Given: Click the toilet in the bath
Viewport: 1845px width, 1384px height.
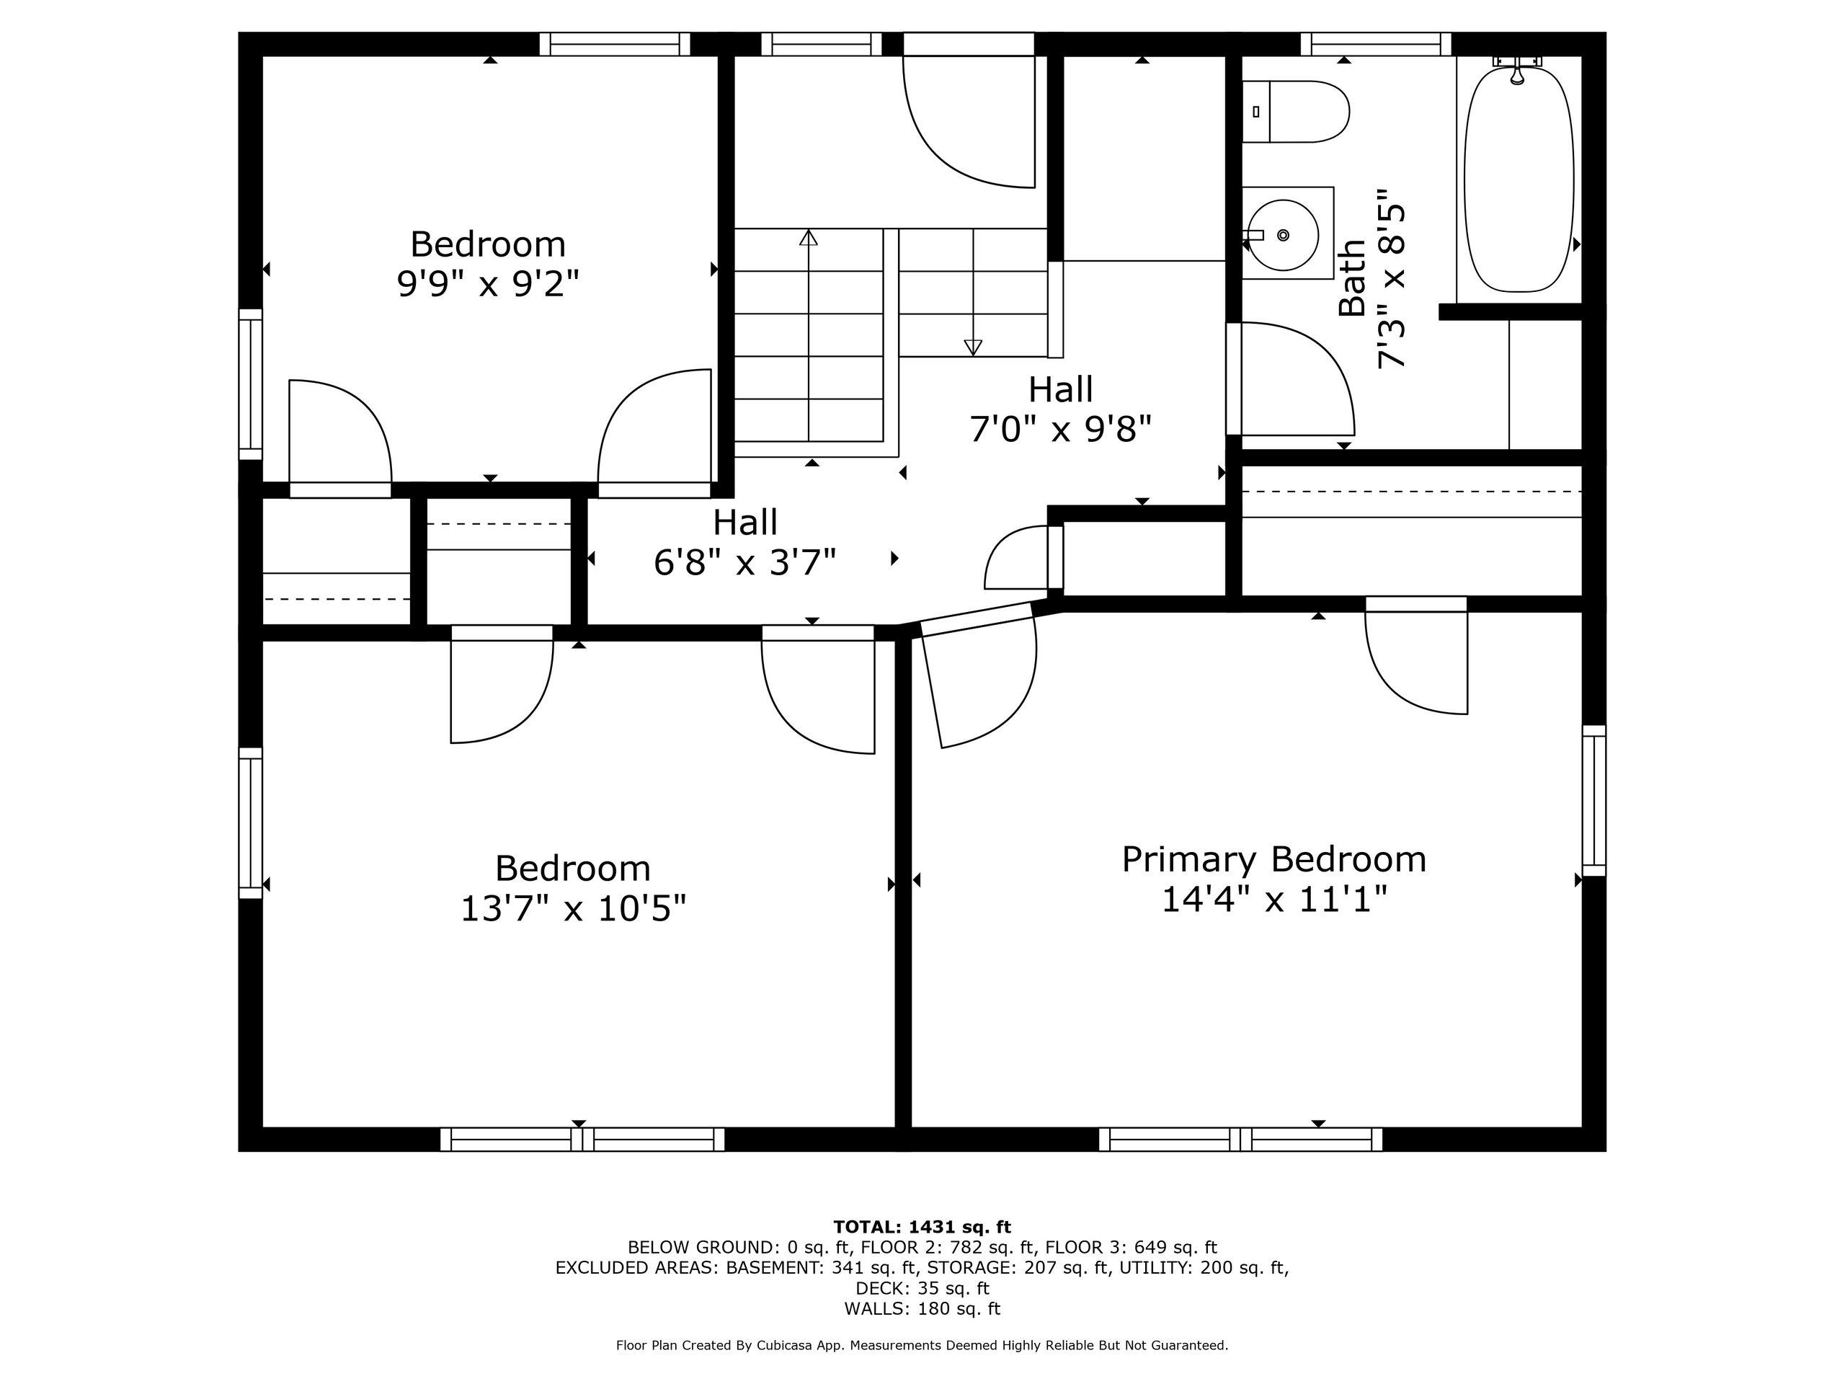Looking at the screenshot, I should [1298, 112].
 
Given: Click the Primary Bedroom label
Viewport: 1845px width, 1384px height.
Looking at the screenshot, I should [1273, 859].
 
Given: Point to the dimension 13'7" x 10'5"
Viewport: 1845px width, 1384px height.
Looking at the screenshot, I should [573, 908].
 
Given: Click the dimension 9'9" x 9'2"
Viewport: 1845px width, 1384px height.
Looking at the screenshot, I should [488, 285].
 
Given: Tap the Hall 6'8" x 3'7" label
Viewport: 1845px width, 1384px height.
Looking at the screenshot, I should [744, 542].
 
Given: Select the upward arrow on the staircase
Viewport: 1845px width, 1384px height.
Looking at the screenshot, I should [808, 239].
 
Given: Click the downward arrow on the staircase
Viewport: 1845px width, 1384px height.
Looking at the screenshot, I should [972, 346].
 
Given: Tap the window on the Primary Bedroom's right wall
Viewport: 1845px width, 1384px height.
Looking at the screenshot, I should [1594, 800].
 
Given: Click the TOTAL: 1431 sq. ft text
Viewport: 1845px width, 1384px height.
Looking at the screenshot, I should [922, 1227].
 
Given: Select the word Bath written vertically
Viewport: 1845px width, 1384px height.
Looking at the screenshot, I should [1352, 278].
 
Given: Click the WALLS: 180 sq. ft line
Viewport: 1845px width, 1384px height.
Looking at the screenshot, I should [922, 1309].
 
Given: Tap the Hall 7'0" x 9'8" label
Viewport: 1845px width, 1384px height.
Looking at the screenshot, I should [1060, 409].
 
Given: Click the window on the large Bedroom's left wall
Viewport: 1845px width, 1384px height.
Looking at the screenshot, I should [250, 822].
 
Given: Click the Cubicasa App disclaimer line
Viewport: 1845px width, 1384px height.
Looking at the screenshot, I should [922, 1346].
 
